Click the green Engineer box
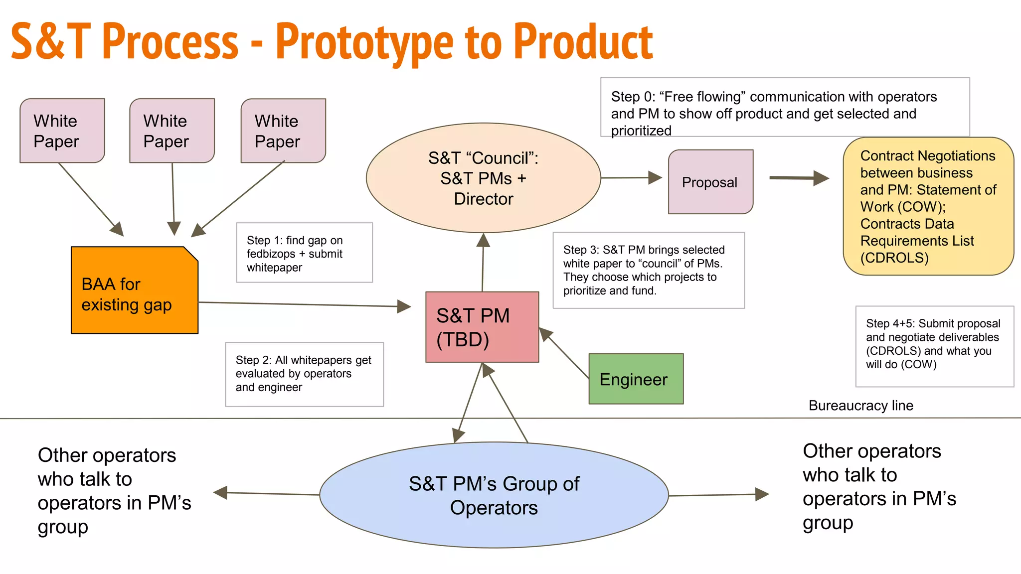(x=636, y=379)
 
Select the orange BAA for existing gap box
(x=135, y=290)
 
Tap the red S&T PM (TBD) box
(x=482, y=327)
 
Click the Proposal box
(x=710, y=182)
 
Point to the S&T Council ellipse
(x=483, y=178)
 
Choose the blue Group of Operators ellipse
(x=494, y=495)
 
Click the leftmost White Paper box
(x=62, y=131)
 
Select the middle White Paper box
(x=172, y=131)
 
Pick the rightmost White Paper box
(x=283, y=131)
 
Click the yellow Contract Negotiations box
(x=928, y=206)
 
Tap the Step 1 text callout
(x=304, y=253)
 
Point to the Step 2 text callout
(x=304, y=374)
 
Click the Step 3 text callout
(x=648, y=270)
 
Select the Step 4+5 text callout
(x=934, y=346)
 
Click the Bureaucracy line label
(x=860, y=406)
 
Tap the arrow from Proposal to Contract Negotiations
(x=798, y=178)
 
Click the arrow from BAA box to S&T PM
(x=304, y=304)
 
